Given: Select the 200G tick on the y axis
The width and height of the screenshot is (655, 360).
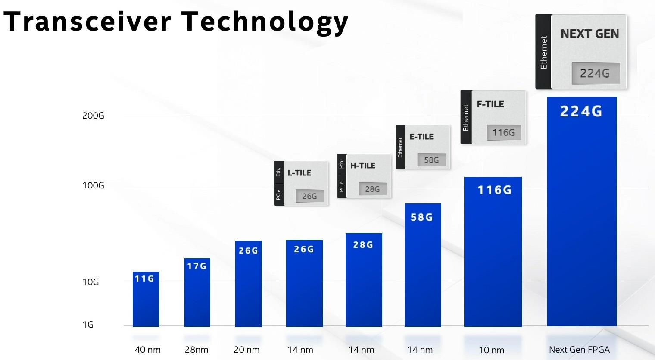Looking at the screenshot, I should pyautogui.click(x=93, y=116).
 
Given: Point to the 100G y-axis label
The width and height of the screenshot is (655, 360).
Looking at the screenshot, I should pyautogui.click(x=93, y=186).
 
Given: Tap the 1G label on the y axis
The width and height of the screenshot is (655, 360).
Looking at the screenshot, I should pyautogui.click(x=88, y=325).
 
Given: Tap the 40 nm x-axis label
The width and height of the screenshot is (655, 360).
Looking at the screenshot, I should pyautogui.click(x=147, y=350).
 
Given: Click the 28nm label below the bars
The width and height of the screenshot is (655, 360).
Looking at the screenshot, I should pyautogui.click(x=196, y=350).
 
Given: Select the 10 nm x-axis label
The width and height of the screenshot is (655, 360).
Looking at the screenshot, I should pyautogui.click(x=491, y=350).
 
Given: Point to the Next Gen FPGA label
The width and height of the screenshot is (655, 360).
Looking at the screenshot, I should pyautogui.click(x=579, y=350).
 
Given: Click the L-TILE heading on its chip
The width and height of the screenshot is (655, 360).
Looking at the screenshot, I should pyautogui.click(x=299, y=173).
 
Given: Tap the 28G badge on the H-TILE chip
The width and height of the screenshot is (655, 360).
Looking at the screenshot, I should pyautogui.click(x=372, y=189).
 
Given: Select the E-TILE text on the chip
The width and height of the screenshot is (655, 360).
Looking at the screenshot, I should pyautogui.click(x=421, y=137).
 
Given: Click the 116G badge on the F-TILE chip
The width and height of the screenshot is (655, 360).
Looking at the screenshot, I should pyautogui.click(x=503, y=132).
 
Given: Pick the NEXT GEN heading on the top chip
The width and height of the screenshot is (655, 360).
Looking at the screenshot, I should pyautogui.click(x=589, y=34).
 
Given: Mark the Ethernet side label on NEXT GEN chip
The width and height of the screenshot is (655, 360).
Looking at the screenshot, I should pyautogui.click(x=543, y=52).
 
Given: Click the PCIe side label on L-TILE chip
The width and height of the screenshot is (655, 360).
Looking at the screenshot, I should pyautogui.click(x=278, y=194).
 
